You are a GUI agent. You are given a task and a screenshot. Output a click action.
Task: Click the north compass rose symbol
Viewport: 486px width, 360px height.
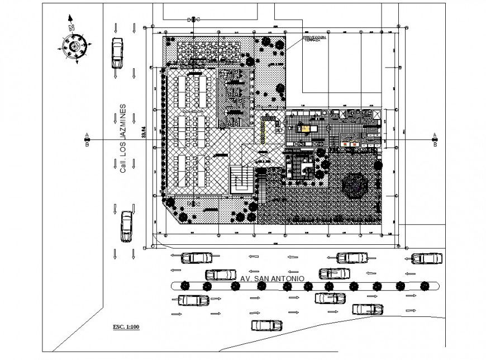72,46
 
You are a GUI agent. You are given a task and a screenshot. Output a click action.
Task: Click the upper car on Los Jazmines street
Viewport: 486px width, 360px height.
117,52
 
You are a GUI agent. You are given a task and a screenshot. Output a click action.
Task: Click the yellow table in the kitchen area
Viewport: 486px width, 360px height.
305,128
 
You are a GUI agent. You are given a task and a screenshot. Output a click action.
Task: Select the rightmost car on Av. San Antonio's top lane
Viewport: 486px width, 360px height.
427,258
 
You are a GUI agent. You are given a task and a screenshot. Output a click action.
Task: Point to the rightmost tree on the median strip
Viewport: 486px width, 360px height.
422,286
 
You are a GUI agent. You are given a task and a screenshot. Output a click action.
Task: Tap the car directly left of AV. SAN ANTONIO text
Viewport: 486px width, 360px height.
221,274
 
